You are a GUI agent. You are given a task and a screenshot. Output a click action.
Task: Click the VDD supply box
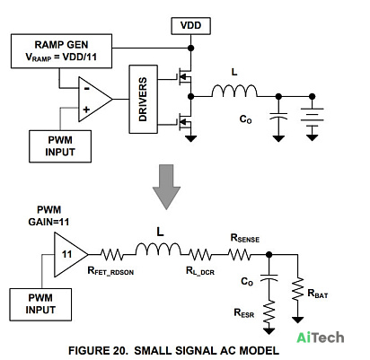point(190,26)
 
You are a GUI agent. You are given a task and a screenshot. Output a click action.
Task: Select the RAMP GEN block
point(61,51)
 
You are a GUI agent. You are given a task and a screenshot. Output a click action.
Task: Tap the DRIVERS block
point(143,99)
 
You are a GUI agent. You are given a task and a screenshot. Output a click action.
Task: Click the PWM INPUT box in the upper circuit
point(60,146)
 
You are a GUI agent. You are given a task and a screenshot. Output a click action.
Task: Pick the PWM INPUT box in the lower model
point(40,304)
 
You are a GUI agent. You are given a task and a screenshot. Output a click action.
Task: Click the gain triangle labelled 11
point(69,255)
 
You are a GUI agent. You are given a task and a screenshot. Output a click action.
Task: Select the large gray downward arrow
point(166,187)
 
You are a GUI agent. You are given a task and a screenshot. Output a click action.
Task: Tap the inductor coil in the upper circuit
point(234,91)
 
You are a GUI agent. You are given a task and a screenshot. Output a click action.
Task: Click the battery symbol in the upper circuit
point(312,119)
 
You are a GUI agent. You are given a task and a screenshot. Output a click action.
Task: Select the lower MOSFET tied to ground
point(185,121)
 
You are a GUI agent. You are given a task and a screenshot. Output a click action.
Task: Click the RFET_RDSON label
point(110,271)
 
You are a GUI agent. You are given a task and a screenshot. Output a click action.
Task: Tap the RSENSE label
point(245,238)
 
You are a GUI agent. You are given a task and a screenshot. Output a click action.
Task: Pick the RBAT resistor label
point(318,294)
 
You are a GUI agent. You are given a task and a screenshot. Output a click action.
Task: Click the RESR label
point(244,313)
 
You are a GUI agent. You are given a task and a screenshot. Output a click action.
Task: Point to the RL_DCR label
point(200,271)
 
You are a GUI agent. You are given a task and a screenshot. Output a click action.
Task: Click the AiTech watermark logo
point(321,338)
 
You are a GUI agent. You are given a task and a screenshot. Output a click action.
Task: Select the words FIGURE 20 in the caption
point(98,350)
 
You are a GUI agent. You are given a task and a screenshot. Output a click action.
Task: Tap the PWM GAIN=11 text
point(48,215)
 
